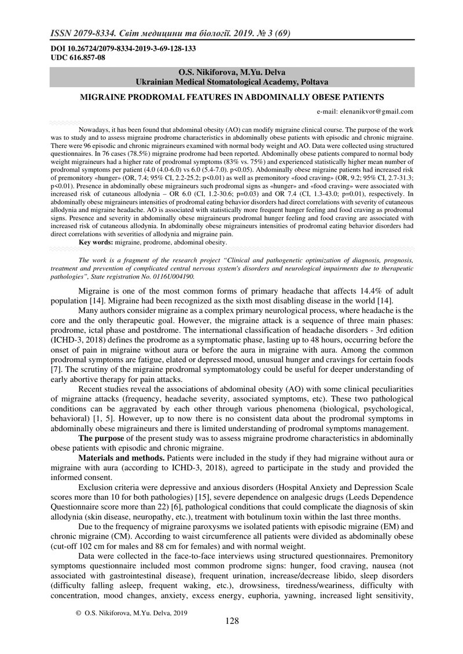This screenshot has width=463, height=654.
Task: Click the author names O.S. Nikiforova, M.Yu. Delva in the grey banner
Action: pos(231,72)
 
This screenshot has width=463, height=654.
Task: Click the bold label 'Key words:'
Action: pos(97,243)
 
